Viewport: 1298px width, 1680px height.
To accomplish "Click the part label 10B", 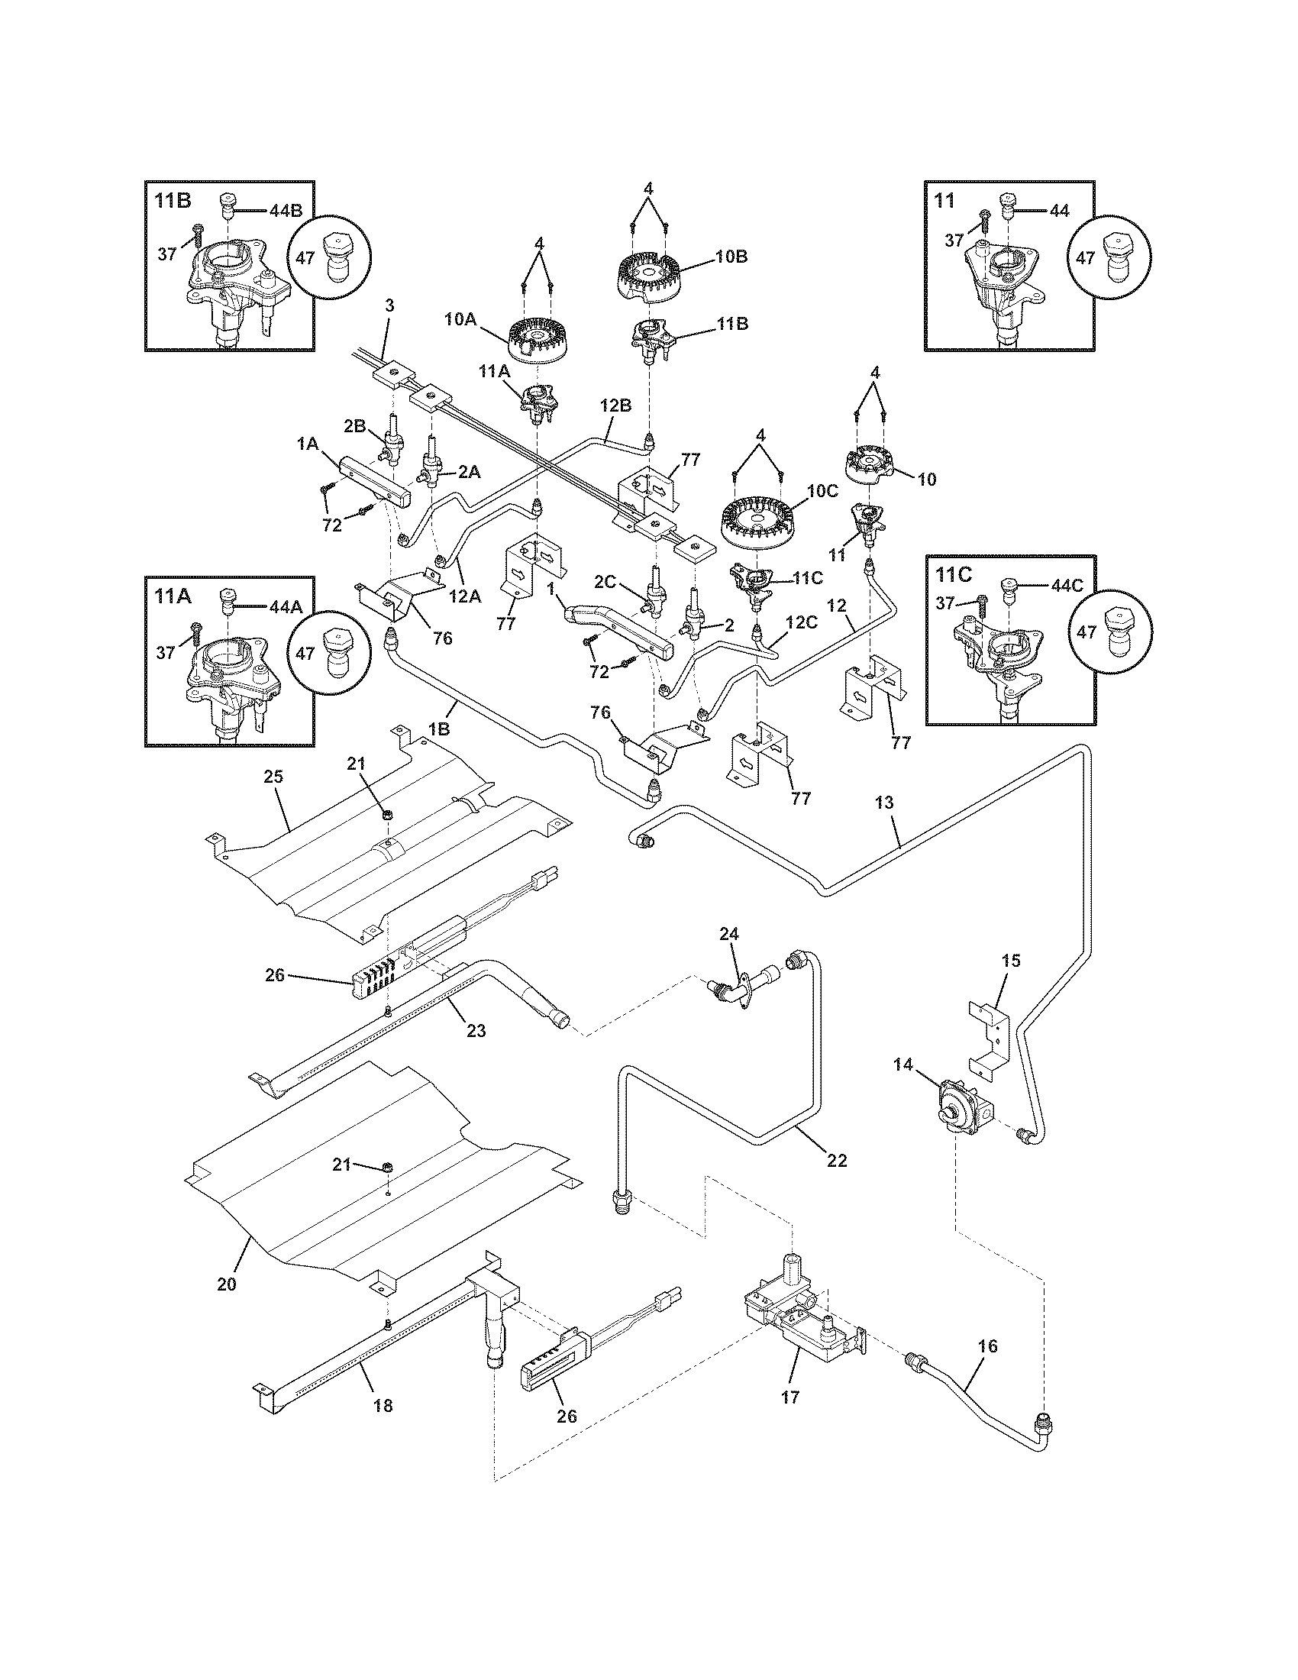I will click(x=731, y=257).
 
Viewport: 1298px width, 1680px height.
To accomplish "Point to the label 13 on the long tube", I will click(x=884, y=803).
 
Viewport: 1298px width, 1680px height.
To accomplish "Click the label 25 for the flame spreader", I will click(x=273, y=776).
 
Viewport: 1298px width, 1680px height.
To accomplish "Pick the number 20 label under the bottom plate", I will click(x=226, y=1283).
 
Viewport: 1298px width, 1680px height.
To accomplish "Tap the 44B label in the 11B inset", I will click(x=286, y=210).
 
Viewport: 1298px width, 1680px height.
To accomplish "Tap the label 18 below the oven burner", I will click(x=383, y=1406).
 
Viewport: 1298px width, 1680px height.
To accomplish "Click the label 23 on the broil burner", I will click(x=476, y=1030).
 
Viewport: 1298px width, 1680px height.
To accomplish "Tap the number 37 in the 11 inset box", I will click(x=954, y=240).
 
